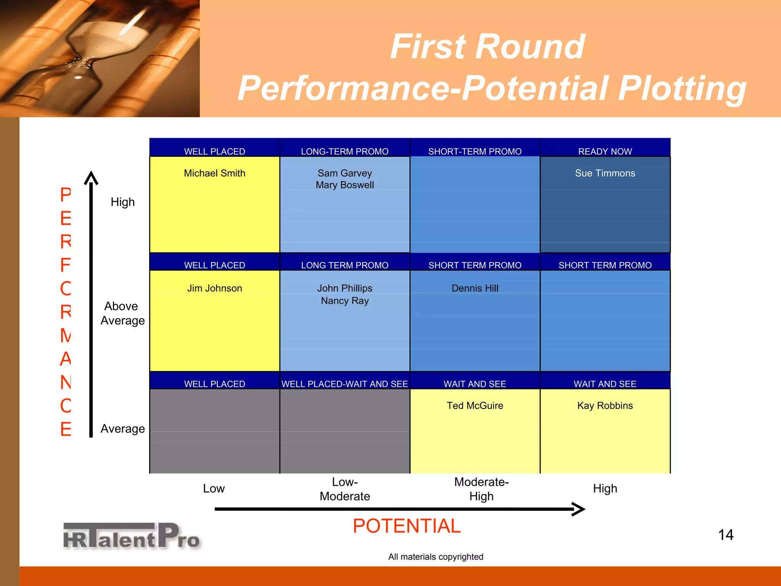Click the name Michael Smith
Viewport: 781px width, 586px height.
[x=214, y=173]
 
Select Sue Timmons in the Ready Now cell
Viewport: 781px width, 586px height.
[x=605, y=173]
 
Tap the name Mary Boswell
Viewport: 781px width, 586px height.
[x=345, y=185]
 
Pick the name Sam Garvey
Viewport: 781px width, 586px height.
[x=345, y=173]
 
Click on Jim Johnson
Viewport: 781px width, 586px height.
[x=214, y=288]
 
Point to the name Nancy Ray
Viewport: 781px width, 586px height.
[x=345, y=301]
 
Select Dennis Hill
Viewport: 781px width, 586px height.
[x=475, y=288]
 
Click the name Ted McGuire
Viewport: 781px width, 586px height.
[x=475, y=406]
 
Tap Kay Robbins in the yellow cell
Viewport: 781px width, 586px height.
[x=605, y=406]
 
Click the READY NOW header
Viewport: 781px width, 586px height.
[x=605, y=151]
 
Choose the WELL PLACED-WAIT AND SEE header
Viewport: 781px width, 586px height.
[x=345, y=384]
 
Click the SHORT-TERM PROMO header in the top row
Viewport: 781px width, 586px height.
[x=475, y=151]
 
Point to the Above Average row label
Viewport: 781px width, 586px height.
[x=122, y=313]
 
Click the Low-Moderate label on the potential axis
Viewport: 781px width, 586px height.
[x=345, y=489]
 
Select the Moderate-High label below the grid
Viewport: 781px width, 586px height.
[x=481, y=489]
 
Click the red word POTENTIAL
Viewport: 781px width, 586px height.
[x=407, y=526]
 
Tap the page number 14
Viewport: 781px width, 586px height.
[x=725, y=534]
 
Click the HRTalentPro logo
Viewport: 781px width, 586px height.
[x=132, y=536]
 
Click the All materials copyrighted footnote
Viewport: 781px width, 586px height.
[x=435, y=557]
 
